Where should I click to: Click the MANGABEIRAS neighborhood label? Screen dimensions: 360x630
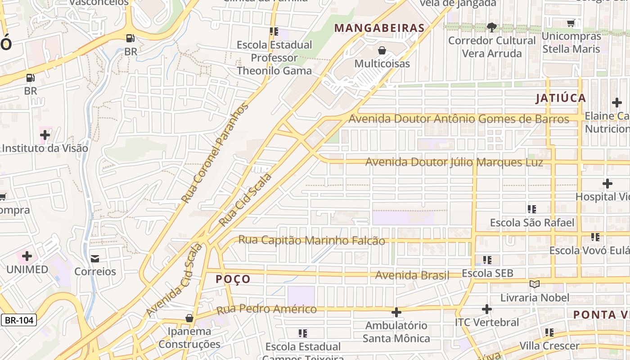click(x=379, y=28)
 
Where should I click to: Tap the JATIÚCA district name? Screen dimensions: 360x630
click(x=561, y=98)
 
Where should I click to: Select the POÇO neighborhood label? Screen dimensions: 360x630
click(x=233, y=279)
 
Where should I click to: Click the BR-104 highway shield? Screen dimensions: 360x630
click(x=18, y=320)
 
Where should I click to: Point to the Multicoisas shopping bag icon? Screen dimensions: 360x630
click(x=382, y=50)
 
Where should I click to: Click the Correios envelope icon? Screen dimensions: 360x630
click(x=95, y=258)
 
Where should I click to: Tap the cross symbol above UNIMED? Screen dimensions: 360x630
click(x=27, y=256)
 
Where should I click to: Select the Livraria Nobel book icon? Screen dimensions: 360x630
click(x=535, y=284)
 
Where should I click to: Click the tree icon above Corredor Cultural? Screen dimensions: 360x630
click(x=492, y=27)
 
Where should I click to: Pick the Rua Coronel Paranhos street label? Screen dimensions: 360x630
click(x=215, y=153)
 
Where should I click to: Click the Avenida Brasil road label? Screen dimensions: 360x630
click(x=412, y=275)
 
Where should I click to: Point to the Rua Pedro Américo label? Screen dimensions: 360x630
click(x=266, y=310)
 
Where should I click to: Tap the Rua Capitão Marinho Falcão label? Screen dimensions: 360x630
click(x=311, y=240)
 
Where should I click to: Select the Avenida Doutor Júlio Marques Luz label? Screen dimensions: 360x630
click(x=454, y=162)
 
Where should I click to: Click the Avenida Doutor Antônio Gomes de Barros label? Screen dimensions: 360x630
click(x=459, y=119)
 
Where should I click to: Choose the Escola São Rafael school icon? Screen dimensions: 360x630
click(x=532, y=209)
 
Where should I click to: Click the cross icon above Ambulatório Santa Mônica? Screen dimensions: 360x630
click(x=396, y=312)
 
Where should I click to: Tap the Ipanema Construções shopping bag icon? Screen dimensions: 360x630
click(x=189, y=318)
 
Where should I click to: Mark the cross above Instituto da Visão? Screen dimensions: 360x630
click(x=45, y=135)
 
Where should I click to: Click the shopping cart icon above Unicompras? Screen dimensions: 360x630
click(x=571, y=23)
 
